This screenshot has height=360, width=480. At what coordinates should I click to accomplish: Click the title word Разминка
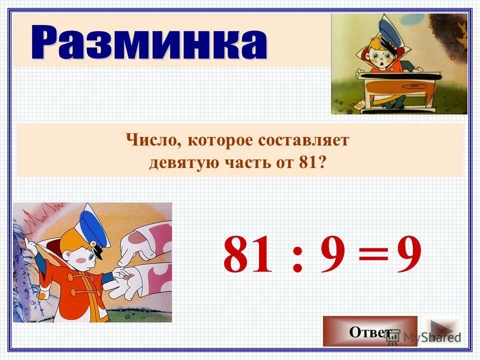click(x=149, y=43)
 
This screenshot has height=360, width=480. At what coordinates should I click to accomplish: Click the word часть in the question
click(x=241, y=163)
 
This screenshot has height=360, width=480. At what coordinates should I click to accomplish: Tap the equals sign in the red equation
click(x=373, y=255)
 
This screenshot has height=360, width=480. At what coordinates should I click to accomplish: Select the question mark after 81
click(x=327, y=163)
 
